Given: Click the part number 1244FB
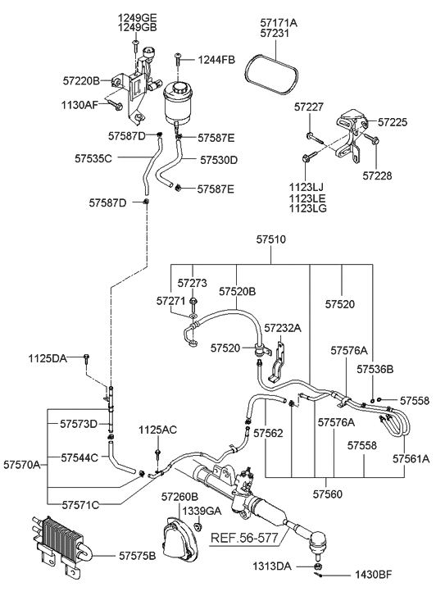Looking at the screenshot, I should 216,59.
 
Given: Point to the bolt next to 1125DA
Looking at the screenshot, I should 87,357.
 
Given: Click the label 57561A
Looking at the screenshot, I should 411,458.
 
